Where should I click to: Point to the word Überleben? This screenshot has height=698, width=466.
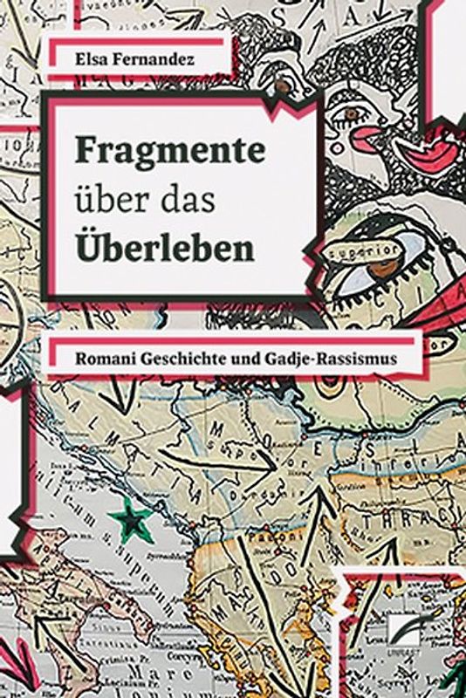(x=165, y=249)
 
